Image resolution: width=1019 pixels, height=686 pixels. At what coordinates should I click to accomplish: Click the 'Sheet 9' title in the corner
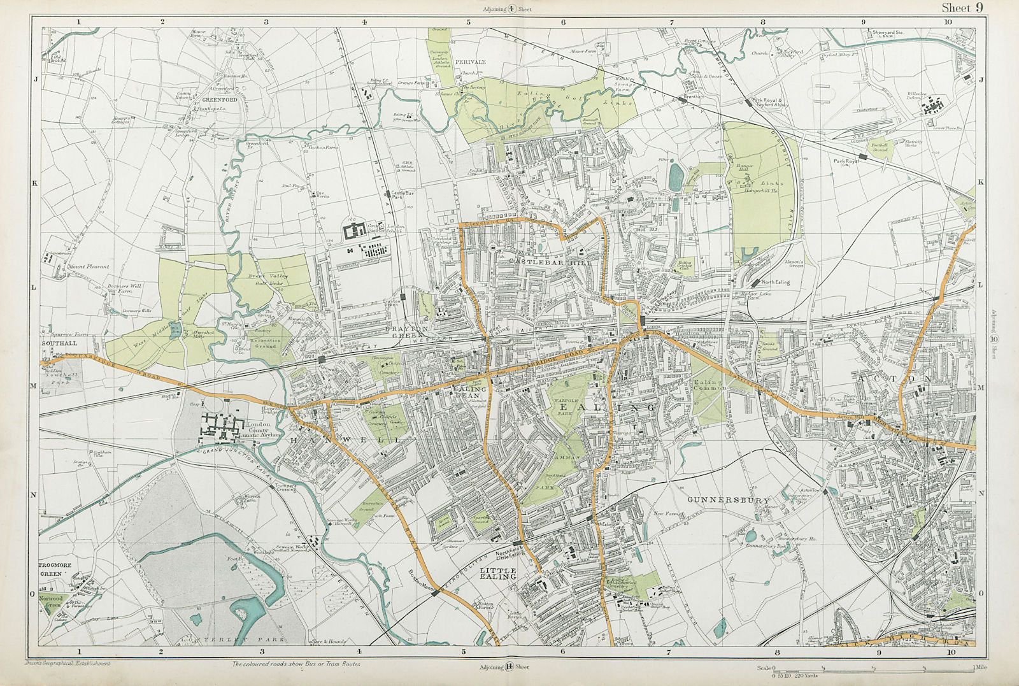(962, 8)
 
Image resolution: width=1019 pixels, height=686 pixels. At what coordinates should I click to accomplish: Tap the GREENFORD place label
(203, 100)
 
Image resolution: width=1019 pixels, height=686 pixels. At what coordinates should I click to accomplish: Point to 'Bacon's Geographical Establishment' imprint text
(67, 663)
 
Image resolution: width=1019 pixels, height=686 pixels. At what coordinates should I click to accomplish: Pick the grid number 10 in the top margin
(948, 21)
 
